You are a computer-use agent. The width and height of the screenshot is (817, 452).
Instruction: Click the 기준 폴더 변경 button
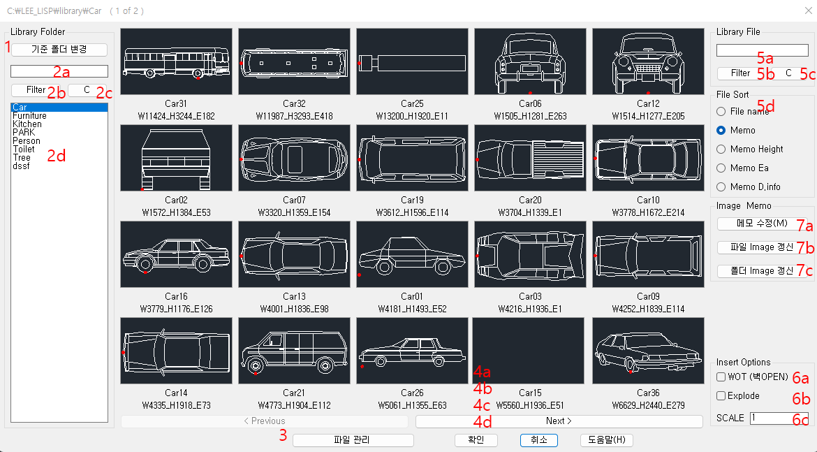[59, 50]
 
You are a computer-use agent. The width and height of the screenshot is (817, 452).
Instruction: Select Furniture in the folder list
[30, 116]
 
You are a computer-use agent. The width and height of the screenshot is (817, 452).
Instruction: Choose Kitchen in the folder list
[27, 124]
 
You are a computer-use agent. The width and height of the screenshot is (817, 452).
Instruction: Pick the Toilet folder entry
[24, 149]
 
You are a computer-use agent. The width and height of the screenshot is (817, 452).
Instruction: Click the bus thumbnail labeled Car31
[176, 61]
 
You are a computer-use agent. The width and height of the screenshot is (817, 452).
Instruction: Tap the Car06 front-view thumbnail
[530, 61]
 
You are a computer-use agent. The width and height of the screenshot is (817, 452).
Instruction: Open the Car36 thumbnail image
[648, 351]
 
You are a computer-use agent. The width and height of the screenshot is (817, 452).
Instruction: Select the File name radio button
[721, 112]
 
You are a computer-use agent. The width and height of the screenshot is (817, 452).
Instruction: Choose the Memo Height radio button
[721, 149]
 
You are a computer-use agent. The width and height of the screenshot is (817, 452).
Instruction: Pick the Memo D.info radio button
[721, 187]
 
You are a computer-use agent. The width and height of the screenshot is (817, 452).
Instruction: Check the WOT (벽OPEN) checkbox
[721, 377]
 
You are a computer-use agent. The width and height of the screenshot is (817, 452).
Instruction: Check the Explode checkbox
[721, 395]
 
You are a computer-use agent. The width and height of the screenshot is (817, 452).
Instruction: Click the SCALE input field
[779, 418]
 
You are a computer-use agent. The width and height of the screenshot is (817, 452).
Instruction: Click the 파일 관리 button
[353, 441]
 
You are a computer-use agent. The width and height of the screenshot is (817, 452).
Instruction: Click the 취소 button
[539, 441]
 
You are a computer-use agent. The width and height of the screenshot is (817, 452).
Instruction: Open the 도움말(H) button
[607, 441]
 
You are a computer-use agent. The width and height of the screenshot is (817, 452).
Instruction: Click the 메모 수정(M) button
[763, 224]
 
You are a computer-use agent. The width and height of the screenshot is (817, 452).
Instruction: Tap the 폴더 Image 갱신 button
[763, 271]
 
